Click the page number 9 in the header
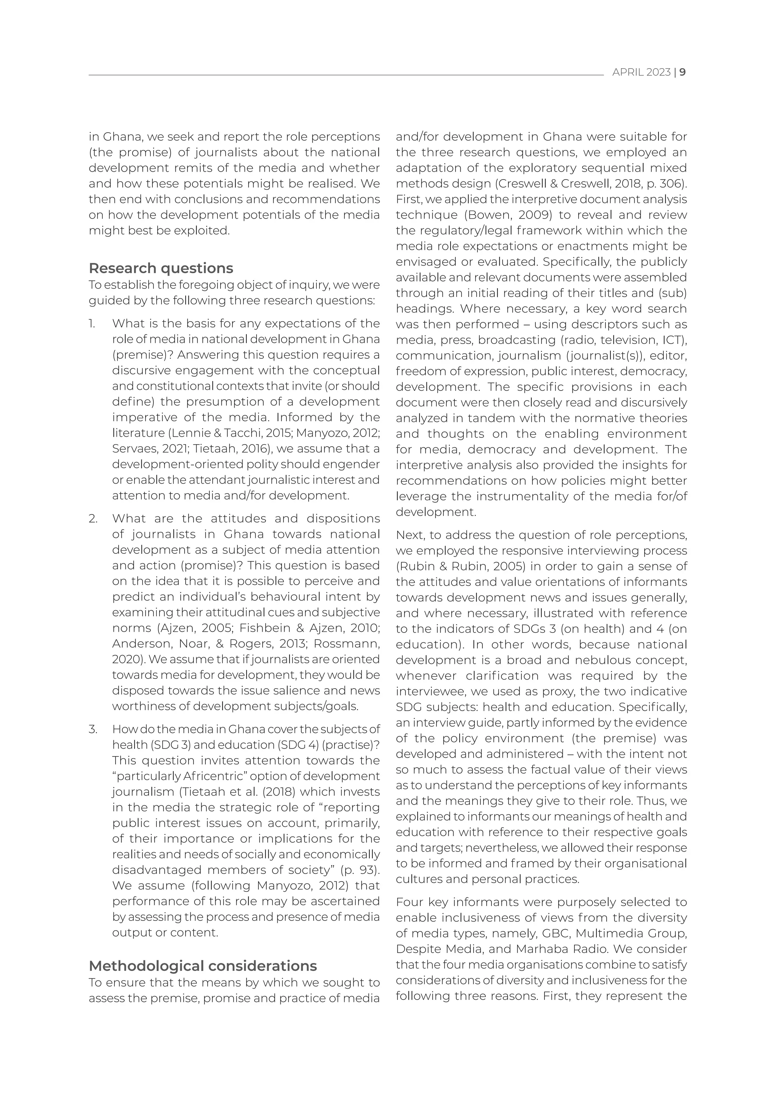683,73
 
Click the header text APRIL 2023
641,73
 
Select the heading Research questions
161,268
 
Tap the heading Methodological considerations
203,966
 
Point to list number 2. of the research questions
93,519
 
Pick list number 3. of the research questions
93,730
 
